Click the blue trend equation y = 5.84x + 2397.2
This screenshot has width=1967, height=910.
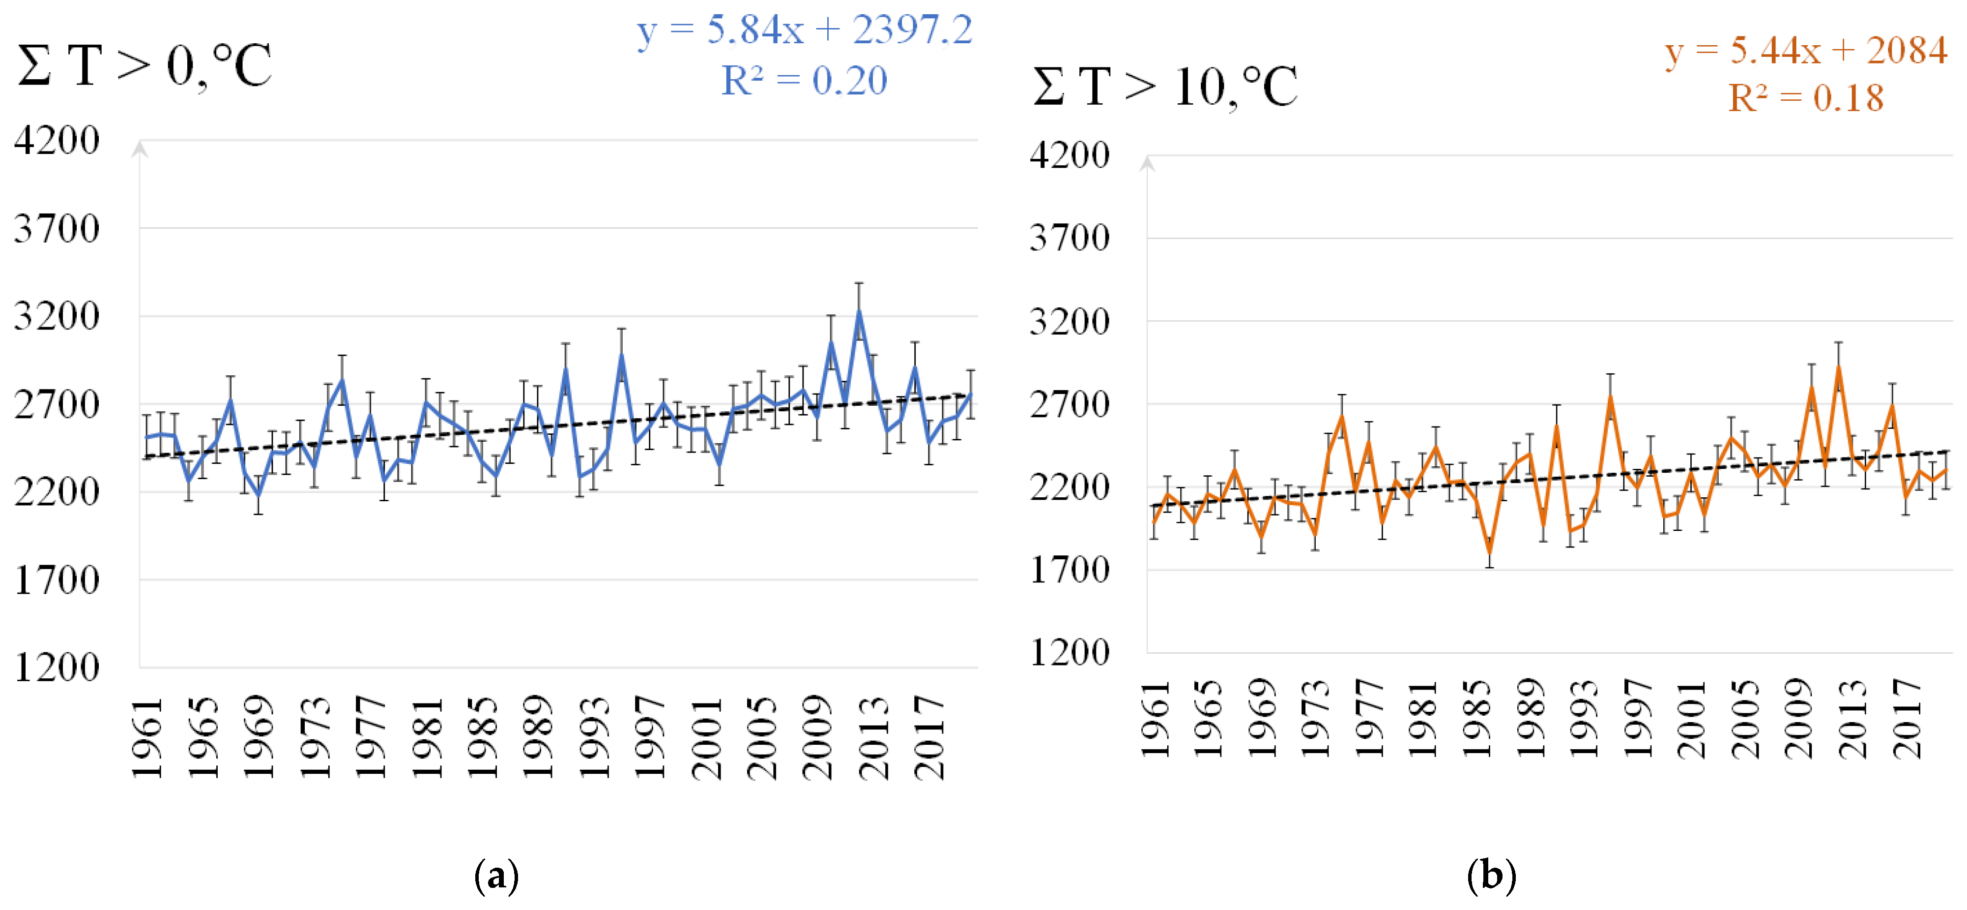click(804, 30)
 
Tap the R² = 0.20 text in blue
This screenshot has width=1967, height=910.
click(804, 80)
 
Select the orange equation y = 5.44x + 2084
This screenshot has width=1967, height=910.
click(1806, 51)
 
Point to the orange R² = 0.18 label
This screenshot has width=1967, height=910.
click(1806, 98)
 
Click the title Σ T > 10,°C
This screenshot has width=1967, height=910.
click(1164, 87)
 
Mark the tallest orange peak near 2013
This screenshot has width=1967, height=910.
click(1839, 367)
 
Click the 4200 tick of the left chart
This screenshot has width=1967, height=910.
click(58, 141)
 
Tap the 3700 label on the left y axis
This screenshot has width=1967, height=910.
click(58, 228)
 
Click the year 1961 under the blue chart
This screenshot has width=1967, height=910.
click(147, 737)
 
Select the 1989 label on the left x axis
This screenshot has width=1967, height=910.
click(538, 737)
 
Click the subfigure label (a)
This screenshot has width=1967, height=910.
click(496, 876)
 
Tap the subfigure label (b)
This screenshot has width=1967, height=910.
click(1491, 876)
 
